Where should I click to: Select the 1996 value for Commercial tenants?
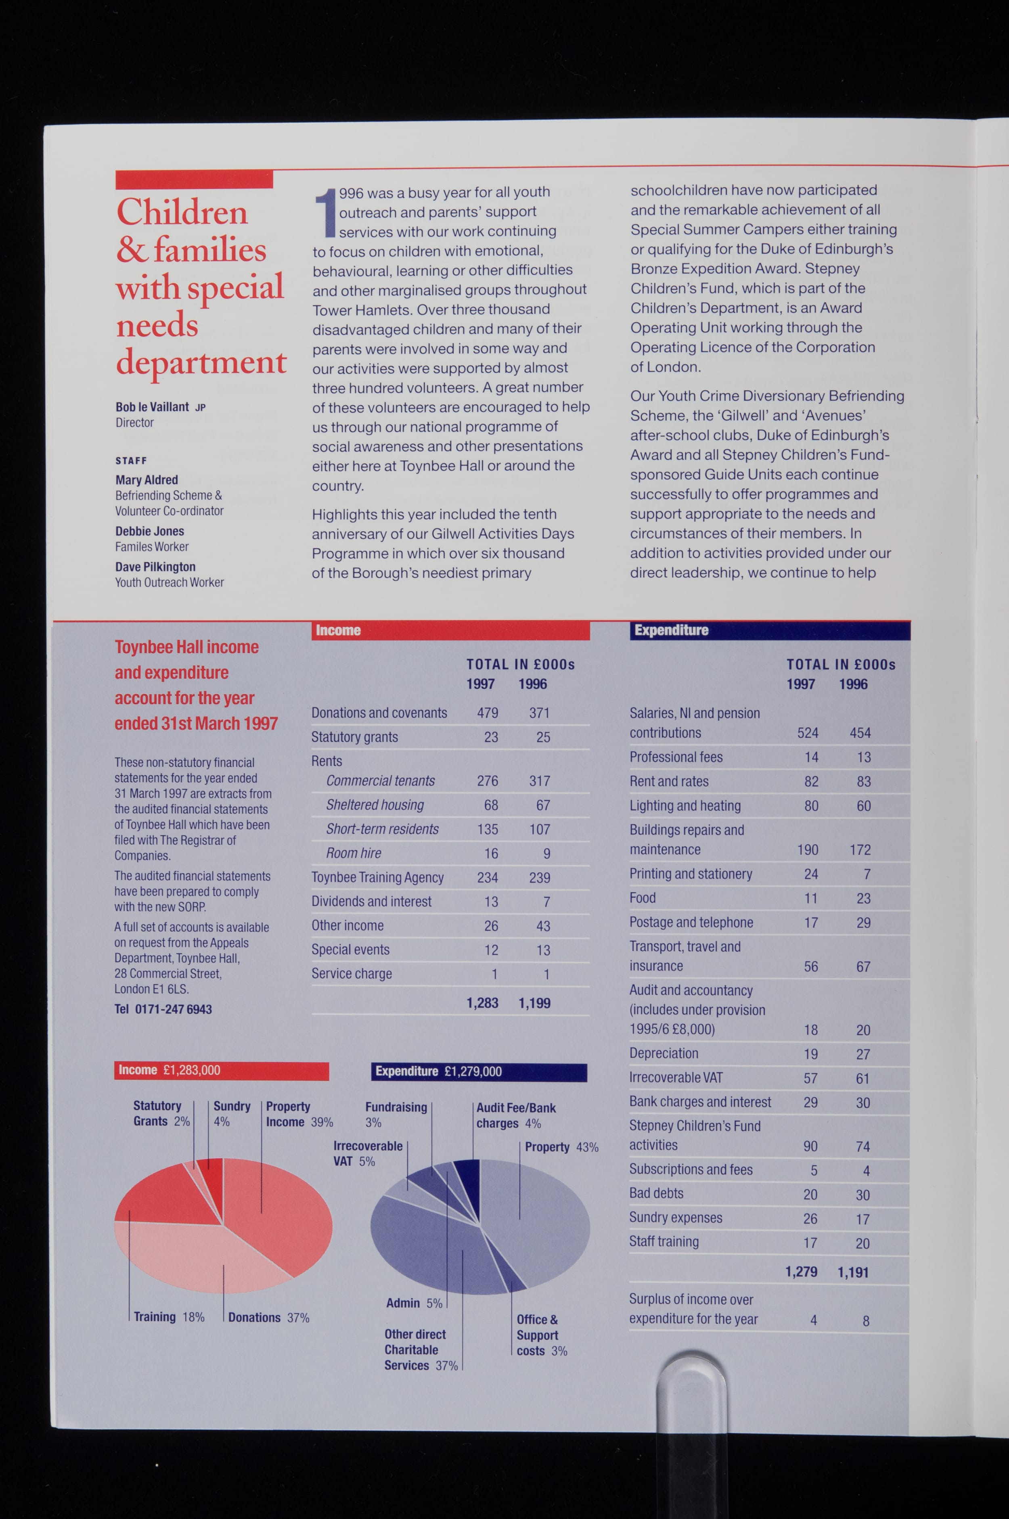[x=539, y=781]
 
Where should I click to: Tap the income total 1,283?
[x=483, y=1003]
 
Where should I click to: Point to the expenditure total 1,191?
[x=853, y=1272]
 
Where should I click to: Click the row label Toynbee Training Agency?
[x=378, y=878]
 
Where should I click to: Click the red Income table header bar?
[x=450, y=630]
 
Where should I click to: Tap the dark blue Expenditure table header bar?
[x=770, y=630]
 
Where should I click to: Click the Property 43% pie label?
[x=561, y=1147]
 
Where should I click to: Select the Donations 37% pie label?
[x=268, y=1318]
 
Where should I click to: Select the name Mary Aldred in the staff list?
[x=147, y=480]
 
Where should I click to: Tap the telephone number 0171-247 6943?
[x=173, y=1009]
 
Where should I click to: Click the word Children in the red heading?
[x=182, y=212]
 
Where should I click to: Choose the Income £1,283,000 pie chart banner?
[x=221, y=1071]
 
